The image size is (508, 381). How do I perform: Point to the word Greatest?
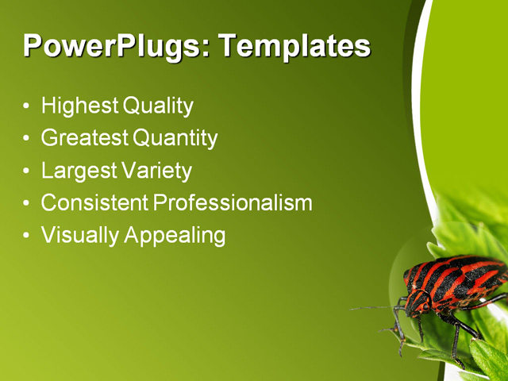coord(84,138)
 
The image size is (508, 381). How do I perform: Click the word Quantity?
coord(175,138)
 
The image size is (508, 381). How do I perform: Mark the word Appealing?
coord(175,236)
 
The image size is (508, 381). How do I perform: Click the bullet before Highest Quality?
coord(28,106)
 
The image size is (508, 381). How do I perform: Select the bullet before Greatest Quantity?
coord(28,139)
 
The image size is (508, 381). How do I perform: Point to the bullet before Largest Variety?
coord(28,171)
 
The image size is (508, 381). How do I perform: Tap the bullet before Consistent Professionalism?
coord(28,204)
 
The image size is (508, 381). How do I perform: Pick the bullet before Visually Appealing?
coord(28,237)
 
